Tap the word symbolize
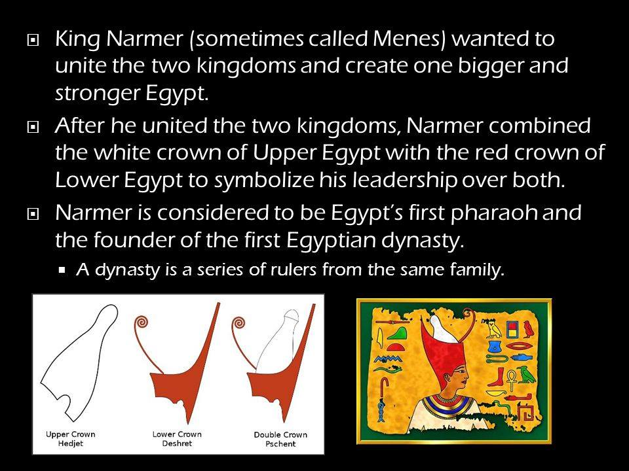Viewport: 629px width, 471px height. pos(264,181)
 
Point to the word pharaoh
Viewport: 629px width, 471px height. pos(494,213)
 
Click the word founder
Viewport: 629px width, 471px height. pos(134,240)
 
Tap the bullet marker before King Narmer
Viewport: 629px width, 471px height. pos(33,40)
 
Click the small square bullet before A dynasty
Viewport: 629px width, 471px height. pos(62,270)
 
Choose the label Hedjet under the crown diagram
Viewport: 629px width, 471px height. pos(71,444)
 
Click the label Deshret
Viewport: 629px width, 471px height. pos(177,444)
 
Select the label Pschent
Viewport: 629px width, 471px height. pos(280,444)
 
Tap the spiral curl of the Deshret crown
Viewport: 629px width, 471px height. pos(141,323)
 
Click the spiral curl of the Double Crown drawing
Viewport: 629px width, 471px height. pos(239,323)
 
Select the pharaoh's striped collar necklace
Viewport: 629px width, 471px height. pos(450,404)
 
